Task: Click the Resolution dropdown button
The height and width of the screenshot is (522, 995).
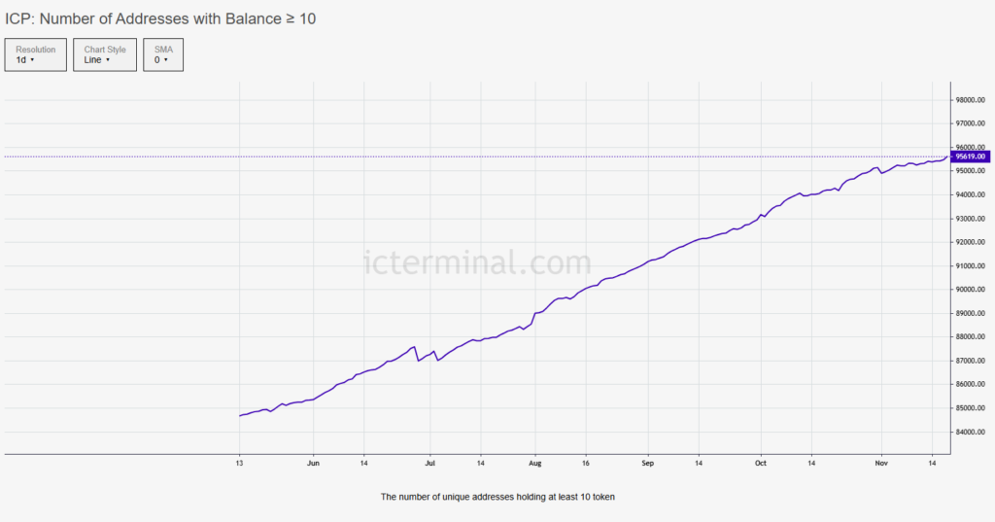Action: [36, 54]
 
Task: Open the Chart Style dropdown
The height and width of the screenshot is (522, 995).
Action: [105, 54]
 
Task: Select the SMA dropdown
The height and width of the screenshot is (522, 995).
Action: [163, 54]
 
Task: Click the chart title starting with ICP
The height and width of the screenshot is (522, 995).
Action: [160, 18]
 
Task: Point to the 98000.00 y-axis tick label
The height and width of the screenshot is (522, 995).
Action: [970, 100]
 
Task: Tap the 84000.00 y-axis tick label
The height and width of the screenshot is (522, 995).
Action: [970, 432]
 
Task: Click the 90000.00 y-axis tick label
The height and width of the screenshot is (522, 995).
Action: [970, 290]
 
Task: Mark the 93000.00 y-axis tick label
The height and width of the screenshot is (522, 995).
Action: [970, 219]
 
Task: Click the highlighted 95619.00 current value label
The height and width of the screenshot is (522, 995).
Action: [970, 157]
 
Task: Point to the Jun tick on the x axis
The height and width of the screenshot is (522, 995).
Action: [313, 464]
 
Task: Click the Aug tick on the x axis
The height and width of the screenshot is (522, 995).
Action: [534, 464]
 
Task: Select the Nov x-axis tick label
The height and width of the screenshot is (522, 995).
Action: [880, 464]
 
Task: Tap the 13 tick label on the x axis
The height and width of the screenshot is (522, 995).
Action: [240, 464]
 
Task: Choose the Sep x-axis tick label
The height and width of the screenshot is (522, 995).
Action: [648, 464]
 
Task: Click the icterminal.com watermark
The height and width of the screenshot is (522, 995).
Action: [476, 262]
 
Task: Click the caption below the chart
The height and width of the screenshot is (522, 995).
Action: [497, 497]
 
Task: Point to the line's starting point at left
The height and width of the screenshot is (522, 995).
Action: [240, 416]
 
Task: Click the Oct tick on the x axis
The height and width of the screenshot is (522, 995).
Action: [761, 464]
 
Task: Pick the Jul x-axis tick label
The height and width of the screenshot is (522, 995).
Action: [429, 464]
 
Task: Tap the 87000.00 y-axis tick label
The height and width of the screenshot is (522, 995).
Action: [970, 361]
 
